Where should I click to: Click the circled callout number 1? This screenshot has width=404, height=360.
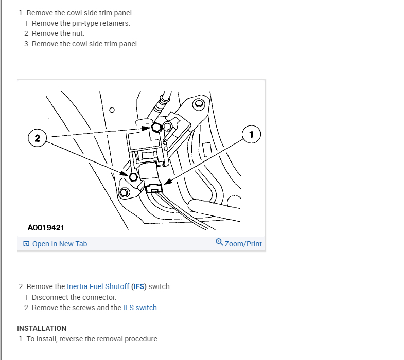(x=251, y=134)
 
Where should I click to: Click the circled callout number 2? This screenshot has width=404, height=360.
(x=38, y=138)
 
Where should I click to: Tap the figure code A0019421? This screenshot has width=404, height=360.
(x=46, y=228)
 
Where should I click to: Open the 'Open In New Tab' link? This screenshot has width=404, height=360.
(x=60, y=244)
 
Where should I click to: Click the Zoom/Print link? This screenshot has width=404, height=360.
(x=243, y=244)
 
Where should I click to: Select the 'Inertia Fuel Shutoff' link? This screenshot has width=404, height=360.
(x=98, y=286)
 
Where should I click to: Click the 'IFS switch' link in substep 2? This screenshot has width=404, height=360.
(x=140, y=308)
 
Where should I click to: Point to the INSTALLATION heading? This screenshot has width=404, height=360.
(x=42, y=328)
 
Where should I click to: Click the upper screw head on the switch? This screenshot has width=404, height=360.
(x=156, y=127)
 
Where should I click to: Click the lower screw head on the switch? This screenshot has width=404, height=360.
(x=133, y=177)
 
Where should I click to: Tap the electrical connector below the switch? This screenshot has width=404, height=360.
(x=154, y=188)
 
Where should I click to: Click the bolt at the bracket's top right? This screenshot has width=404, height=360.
(x=199, y=104)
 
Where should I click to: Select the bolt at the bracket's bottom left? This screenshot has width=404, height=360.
(x=125, y=192)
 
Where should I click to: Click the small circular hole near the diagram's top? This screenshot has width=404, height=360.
(x=112, y=110)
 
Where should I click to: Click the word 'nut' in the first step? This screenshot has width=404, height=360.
(x=78, y=33)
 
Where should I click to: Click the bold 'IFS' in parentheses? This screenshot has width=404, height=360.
(x=138, y=286)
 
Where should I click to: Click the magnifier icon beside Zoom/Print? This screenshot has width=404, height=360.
(x=219, y=242)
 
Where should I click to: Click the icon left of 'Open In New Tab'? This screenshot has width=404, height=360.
(x=26, y=243)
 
